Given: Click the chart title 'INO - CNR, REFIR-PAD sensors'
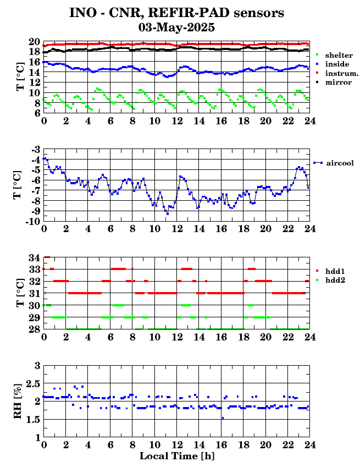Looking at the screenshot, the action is click(x=176, y=13).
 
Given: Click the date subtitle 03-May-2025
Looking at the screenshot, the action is click(x=176, y=28).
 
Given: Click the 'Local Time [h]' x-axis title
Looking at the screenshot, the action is click(x=177, y=456).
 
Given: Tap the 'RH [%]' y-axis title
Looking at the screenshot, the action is click(x=18, y=401).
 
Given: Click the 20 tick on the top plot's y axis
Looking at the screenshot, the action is click(x=34, y=42).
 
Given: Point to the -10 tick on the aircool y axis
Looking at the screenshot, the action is click(x=33, y=222).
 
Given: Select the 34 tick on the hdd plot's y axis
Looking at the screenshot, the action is click(x=34, y=257).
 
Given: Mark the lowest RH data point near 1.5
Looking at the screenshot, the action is click(x=223, y=418).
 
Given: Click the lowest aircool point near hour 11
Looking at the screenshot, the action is click(x=168, y=214).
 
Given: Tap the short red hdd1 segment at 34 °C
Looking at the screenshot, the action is click(x=47, y=257).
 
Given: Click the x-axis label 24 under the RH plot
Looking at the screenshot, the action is click(x=309, y=444).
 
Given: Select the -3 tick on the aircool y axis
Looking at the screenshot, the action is click(x=36, y=150).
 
